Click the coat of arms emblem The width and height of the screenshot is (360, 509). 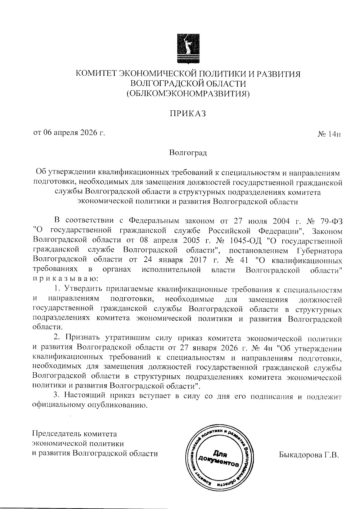188,48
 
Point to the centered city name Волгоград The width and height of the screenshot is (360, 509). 188,153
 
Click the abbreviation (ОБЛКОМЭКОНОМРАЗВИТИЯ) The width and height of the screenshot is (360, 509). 188,94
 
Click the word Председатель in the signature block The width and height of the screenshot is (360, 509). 57,434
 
